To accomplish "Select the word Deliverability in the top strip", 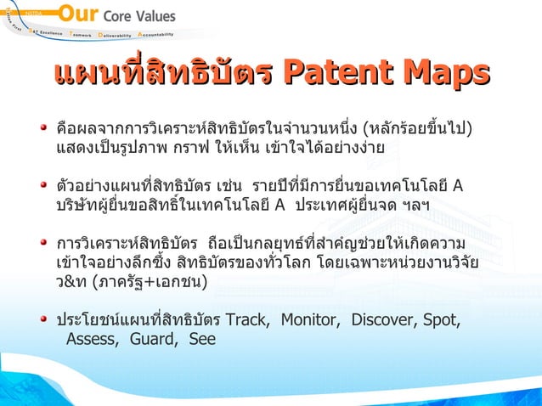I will (115, 35).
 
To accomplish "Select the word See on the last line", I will (202, 339).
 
